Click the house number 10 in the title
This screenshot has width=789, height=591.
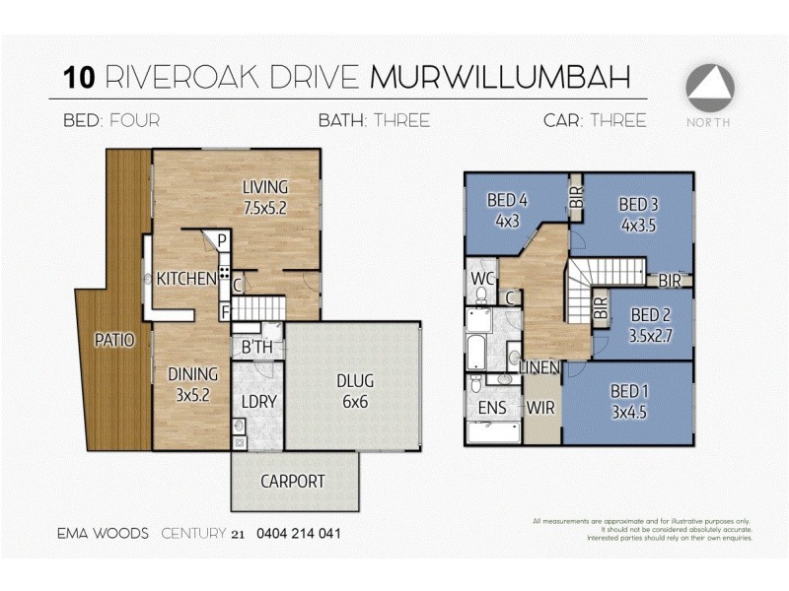(x=78, y=78)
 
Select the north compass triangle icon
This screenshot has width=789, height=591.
(x=710, y=88)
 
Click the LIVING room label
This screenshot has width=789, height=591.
(x=265, y=187)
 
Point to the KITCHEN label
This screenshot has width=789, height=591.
(x=186, y=279)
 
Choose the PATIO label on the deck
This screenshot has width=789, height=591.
(x=114, y=340)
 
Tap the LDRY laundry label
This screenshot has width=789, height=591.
(x=256, y=402)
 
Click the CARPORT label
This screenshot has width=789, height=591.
(x=292, y=482)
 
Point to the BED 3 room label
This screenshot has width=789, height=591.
(x=638, y=205)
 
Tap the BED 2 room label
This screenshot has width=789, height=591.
(x=650, y=315)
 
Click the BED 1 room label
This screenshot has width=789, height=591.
(x=631, y=391)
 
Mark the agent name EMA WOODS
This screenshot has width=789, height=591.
(x=103, y=534)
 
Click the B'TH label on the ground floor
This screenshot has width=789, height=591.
(x=257, y=348)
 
